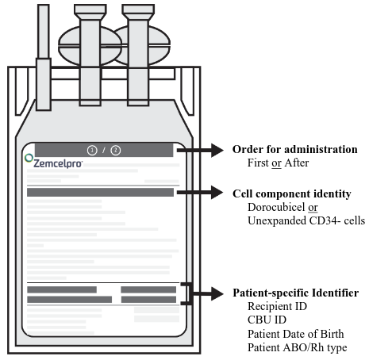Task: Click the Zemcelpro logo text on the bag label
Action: pyautogui.click(x=58, y=163)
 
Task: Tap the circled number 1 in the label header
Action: pyautogui.click(x=92, y=151)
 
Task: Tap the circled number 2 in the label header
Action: pyautogui.click(x=116, y=151)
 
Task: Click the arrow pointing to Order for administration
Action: pyautogui.click(x=200, y=150)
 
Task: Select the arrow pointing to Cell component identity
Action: pyautogui.click(x=200, y=193)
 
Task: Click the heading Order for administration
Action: pyautogui.click(x=295, y=149)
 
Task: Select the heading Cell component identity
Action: pyautogui.click(x=292, y=193)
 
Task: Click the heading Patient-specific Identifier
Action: pyautogui.click(x=296, y=293)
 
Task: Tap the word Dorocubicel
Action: pyautogui.click(x=276, y=207)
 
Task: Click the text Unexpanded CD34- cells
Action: pyautogui.click(x=306, y=220)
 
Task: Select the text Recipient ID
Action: pyautogui.click(x=277, y=306)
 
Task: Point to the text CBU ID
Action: pyautogui.click(x=267, y=320)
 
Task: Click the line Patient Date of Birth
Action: pyautogui.click(x=296, y=334)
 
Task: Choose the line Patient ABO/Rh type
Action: pyautogui.click(x=298, y=347)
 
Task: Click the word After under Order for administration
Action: pyautogui.click(x=297, y=163)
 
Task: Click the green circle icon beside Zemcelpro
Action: pyautogui.click(x=29, y=158)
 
